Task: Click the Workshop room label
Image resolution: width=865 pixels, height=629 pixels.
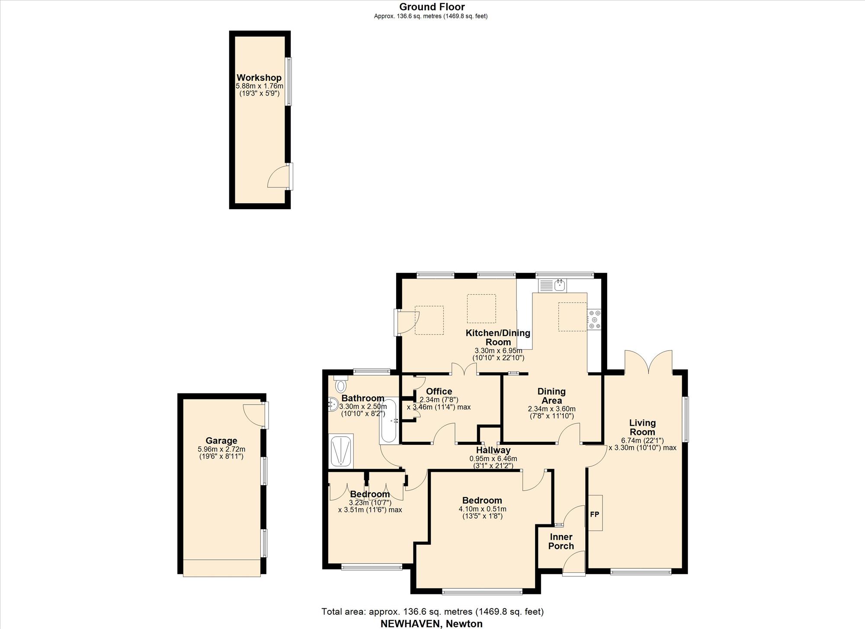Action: click(x=259, y=78)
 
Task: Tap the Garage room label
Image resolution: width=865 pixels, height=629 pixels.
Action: click(x=221, y=441)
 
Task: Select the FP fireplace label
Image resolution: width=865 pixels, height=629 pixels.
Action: click(x=595, y=514)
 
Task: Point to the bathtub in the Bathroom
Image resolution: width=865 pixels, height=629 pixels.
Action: click(x=389, y=421)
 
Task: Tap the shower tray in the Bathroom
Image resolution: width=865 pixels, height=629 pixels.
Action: click(x=341, y=451)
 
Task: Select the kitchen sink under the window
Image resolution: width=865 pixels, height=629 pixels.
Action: click(x=553, y=285)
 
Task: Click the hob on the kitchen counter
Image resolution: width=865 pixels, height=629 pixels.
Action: click(x=594, y=319)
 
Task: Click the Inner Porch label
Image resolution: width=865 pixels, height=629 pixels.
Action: click(x=561, y=541)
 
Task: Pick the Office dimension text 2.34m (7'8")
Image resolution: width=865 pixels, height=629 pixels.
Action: click(x=439, y=399)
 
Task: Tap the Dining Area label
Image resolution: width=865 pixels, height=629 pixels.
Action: click(x=551, y=396)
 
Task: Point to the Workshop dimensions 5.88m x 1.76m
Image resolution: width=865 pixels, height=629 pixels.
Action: click(x=259, y=86)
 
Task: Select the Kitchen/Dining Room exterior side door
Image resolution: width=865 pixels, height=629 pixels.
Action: click(x=407, y=322)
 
